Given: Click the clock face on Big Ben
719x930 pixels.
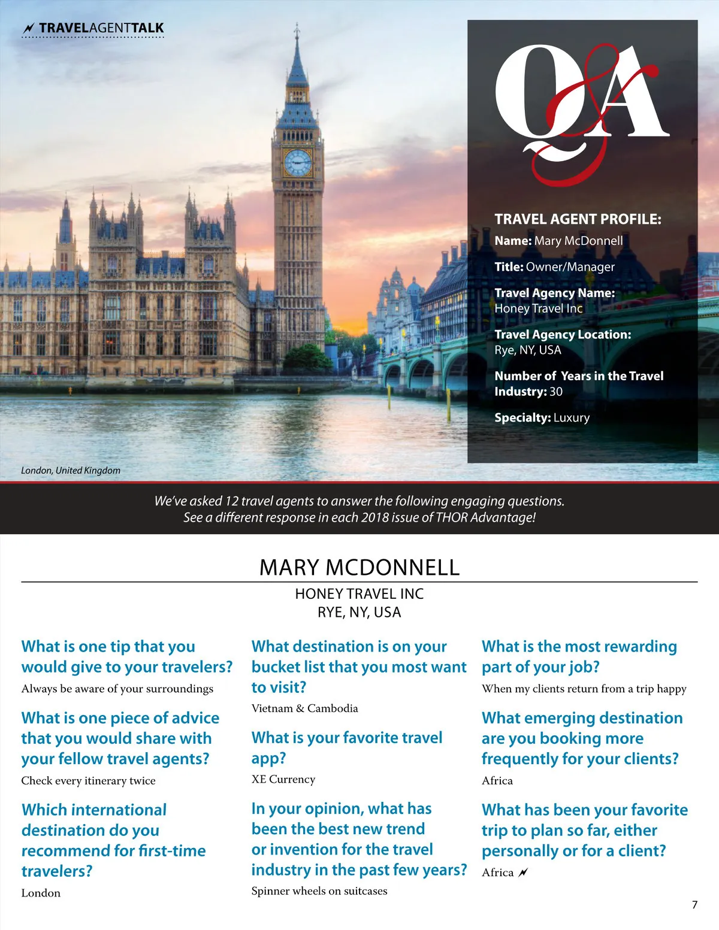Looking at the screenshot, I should (298, 162).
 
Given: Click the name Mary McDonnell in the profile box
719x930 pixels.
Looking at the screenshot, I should (578, 241).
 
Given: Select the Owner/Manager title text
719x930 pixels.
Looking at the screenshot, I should (570, 267).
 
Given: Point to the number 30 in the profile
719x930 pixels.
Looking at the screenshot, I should (556, 392).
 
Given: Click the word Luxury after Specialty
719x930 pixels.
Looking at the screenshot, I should (572, 418).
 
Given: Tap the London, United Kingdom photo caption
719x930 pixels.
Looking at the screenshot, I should (71, 471).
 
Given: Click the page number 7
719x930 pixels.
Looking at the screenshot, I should (694, 905).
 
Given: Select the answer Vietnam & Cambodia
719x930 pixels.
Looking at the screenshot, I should (304, 708).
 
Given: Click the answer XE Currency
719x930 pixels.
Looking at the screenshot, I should (283, 779).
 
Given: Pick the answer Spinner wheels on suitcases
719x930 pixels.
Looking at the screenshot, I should (319, 891).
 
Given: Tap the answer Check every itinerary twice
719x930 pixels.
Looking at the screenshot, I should (88, 781).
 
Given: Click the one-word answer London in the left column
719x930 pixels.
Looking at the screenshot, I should (41, 893).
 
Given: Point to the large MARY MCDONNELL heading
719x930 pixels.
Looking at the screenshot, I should (359, 567).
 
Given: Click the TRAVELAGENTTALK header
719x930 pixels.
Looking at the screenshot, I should (101, 28).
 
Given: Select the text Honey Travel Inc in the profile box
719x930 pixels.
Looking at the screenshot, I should (538, 308).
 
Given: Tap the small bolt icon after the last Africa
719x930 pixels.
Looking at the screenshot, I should (523, 873).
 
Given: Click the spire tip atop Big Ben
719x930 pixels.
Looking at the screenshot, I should (297, 27).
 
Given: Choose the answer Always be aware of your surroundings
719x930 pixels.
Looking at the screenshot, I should (117, 689).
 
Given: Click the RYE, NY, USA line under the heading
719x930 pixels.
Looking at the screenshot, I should (359, 613).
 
